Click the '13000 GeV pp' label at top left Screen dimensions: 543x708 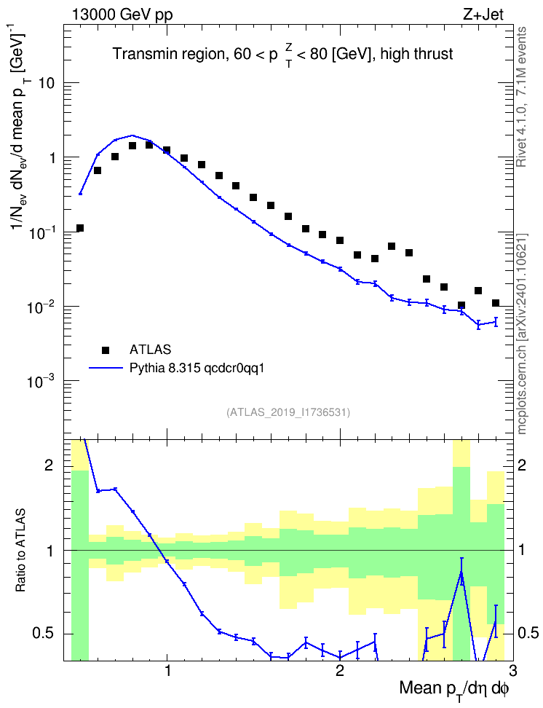(x=122, y=15)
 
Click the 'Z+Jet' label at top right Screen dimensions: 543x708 (x=483, y=15)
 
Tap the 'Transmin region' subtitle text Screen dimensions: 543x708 (x=168, y=54)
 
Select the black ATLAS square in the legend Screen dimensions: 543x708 (x=106, y=350)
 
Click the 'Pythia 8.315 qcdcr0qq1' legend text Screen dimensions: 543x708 (x=197, y=369)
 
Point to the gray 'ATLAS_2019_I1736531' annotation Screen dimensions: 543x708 (x=288, y=412)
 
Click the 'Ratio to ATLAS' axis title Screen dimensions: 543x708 (x=20, y=551)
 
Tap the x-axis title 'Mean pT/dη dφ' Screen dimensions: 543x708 (x=454, y=690)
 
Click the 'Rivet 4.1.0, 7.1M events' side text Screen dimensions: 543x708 (x=522, y=97)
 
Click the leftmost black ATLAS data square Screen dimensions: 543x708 (x=80, y=228)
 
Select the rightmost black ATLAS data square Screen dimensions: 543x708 (x=495, y=302)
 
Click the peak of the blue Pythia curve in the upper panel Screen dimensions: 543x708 (x=132, y=135)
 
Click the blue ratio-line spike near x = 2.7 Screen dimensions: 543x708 (x=461, y=572)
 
